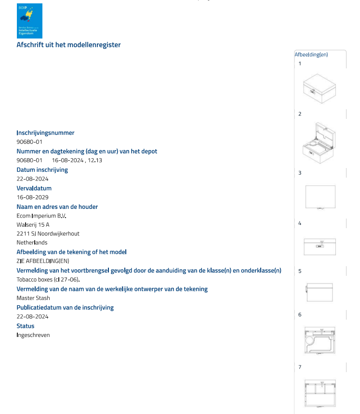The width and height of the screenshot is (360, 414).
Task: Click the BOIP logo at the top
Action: [29, 21]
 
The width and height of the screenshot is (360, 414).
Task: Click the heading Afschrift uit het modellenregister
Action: [68, 45]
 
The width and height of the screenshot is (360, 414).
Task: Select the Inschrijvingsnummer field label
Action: [45, 133]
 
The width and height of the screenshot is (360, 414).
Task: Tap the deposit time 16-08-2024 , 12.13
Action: [77, 160]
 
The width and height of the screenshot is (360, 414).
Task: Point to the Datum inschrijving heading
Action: [42, 169]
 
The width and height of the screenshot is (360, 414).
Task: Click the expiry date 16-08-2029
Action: [32, 197]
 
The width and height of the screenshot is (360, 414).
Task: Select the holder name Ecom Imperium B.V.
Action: [41, 216]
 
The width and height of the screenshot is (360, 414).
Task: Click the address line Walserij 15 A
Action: [33, 225]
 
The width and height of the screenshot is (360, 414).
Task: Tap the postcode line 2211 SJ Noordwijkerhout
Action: [48, 234]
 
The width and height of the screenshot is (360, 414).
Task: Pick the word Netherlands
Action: [32, 243]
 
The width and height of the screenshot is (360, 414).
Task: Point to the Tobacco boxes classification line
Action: [48, 280]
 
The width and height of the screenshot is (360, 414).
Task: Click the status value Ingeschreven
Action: [33, 335]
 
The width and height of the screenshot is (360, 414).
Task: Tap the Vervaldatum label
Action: [34, 188]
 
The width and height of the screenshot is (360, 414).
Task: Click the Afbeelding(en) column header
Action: [311, 54]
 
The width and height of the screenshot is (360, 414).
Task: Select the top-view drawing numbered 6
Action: [320, 341]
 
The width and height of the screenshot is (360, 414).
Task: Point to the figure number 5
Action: [300, 271]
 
